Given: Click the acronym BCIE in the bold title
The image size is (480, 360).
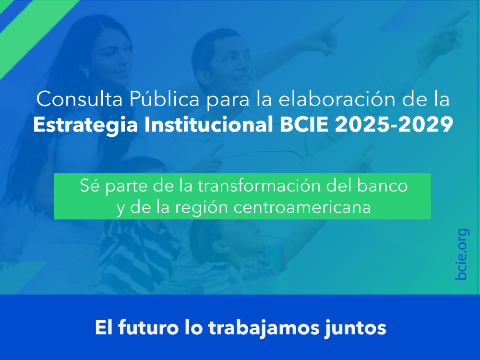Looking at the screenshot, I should pos(296,124).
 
